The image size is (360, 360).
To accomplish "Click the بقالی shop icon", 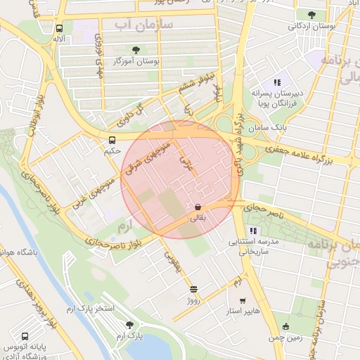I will [198, 207].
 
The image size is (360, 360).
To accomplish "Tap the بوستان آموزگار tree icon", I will [135, 50].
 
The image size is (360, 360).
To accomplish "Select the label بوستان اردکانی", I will [307, 26].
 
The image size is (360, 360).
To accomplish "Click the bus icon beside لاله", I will [59, 29].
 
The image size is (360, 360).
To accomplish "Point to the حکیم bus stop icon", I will [112, 139].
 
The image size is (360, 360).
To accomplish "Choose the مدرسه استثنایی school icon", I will [252, 231].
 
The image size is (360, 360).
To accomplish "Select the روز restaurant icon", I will [193, 289].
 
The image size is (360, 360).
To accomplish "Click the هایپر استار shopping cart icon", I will [243, 301].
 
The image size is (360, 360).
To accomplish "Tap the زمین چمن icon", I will [285, 326].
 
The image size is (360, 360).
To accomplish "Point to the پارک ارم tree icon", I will [129, 324].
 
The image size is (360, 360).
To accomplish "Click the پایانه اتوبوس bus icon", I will [25, 337].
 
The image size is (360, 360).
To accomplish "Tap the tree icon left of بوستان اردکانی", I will [311, 14].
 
